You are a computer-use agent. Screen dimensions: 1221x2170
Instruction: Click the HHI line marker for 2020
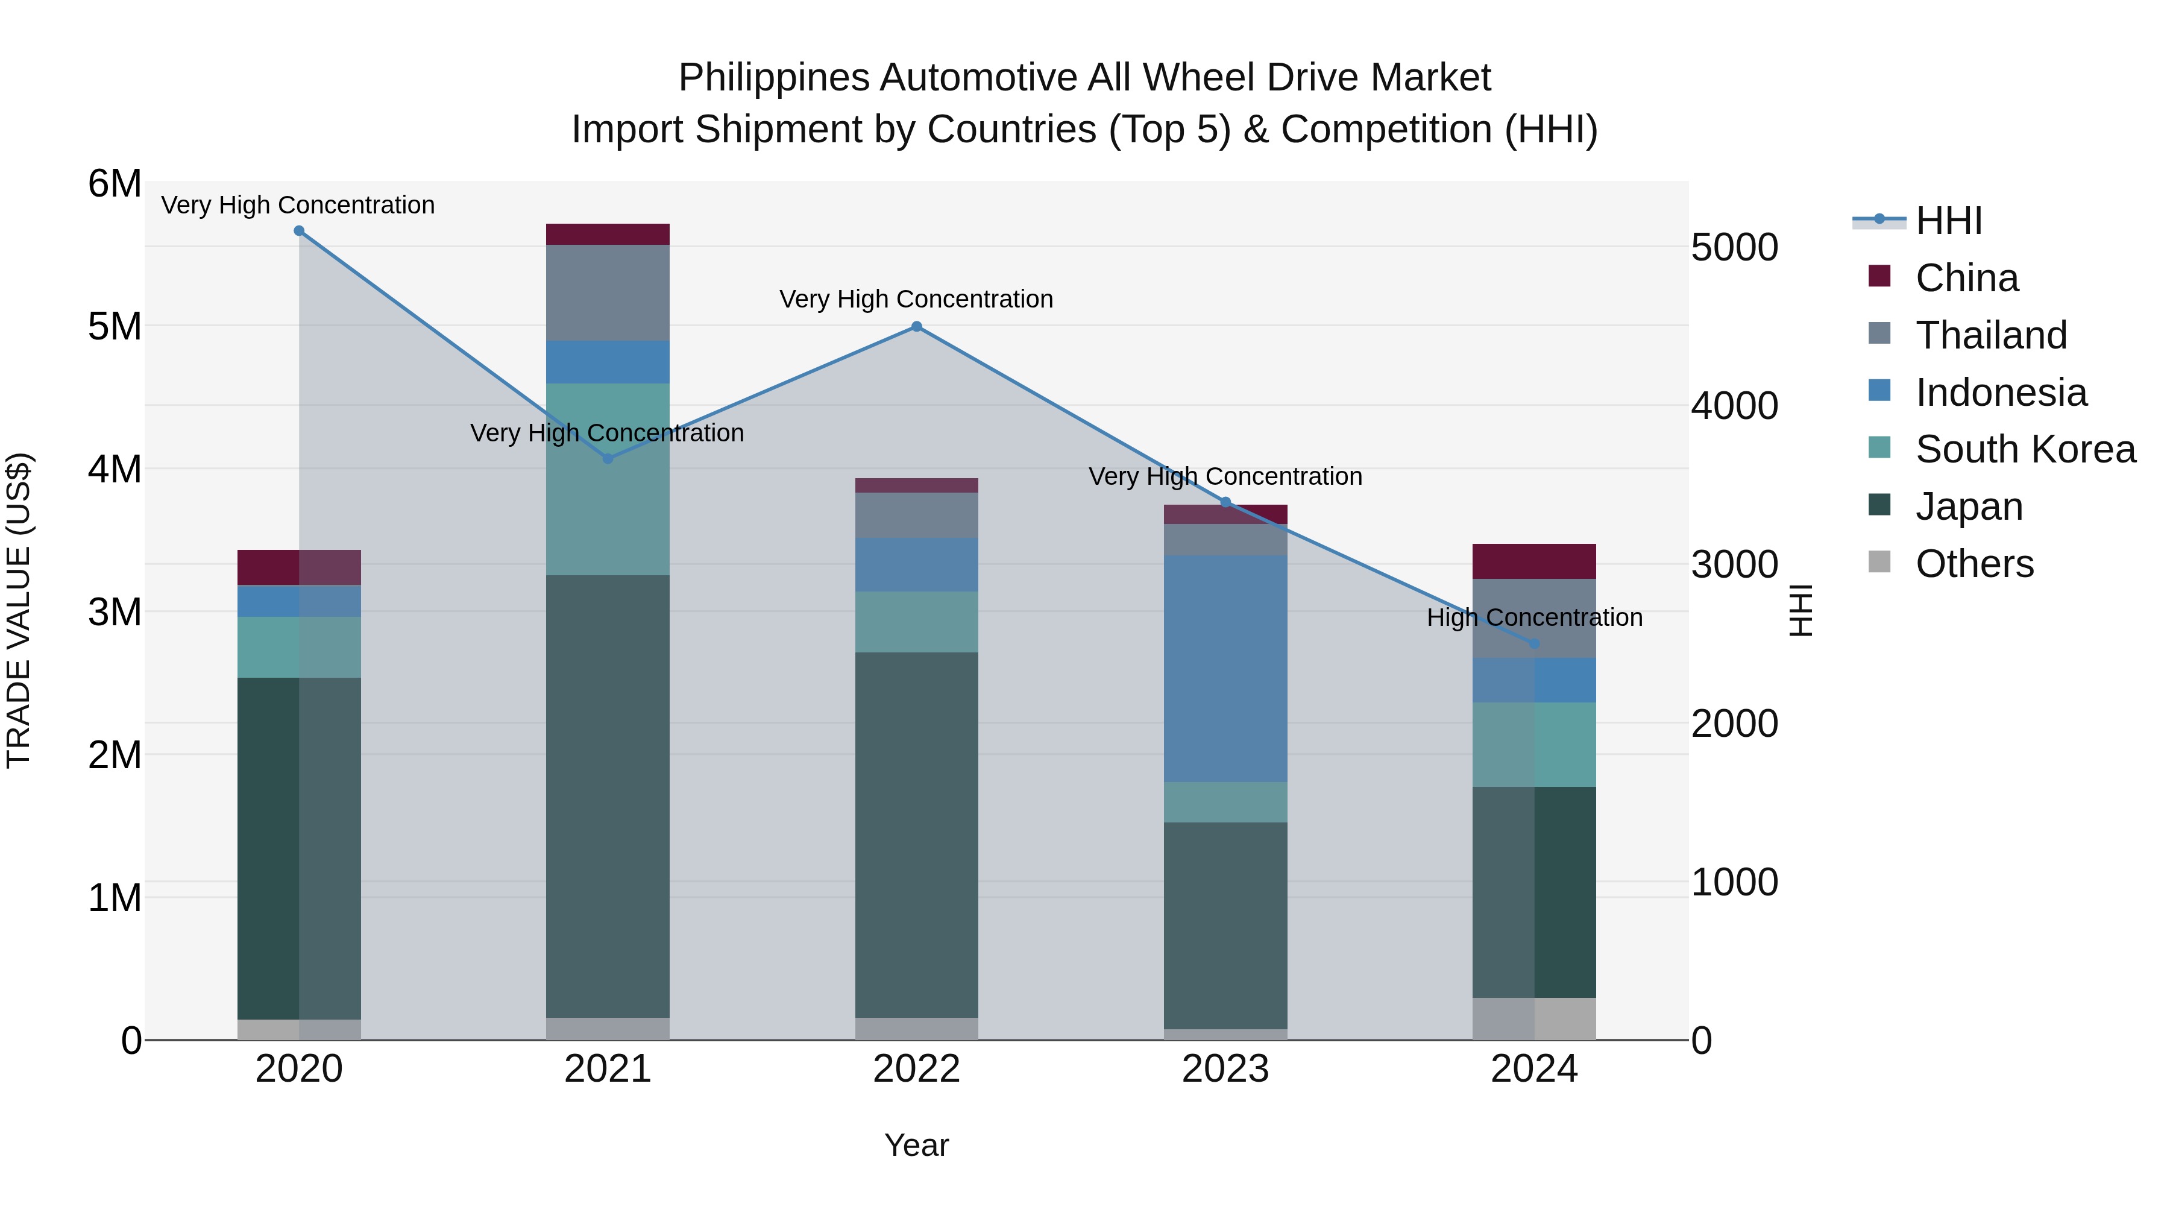pyautogui.click(x=299, y=231)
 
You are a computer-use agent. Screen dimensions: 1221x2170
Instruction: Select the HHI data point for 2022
pyautogui.click(x=916, y=327)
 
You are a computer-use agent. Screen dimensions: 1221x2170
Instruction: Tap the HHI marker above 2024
pyautogui.click(x=1534, y=644)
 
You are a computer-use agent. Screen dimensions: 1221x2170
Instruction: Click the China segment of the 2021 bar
pyautogui.click(x=608, y=235)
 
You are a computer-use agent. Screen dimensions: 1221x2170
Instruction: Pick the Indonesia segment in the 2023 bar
pyautogui.click(x=1225, y=668)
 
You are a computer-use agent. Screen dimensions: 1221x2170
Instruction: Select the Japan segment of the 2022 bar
pyautogui.click(x=916, y=835)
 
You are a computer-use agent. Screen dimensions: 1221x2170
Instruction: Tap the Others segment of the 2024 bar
pyautogui.click(x=1534, y=1019)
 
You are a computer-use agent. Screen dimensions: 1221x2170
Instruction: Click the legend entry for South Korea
pyautogui.click(x=2025, y=449)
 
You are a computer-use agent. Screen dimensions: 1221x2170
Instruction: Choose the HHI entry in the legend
pyautogui.click(x=1948, y=221)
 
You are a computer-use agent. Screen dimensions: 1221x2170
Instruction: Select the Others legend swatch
pyautogui.click(x=1879, y=562)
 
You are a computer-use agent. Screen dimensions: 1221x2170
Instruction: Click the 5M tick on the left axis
pyautogui.click(x=115, y=327)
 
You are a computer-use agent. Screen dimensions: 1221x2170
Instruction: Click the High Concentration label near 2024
pyautogui.click(x=1534, y=617)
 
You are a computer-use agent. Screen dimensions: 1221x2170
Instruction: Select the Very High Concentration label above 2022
pyautogui.click(x=916, y=299)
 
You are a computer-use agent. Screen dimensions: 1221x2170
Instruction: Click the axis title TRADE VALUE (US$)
pyautogui.click(x=19, y=610)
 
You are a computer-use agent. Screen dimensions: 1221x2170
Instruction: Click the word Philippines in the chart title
pyautogui.click(x=773, y=78)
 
